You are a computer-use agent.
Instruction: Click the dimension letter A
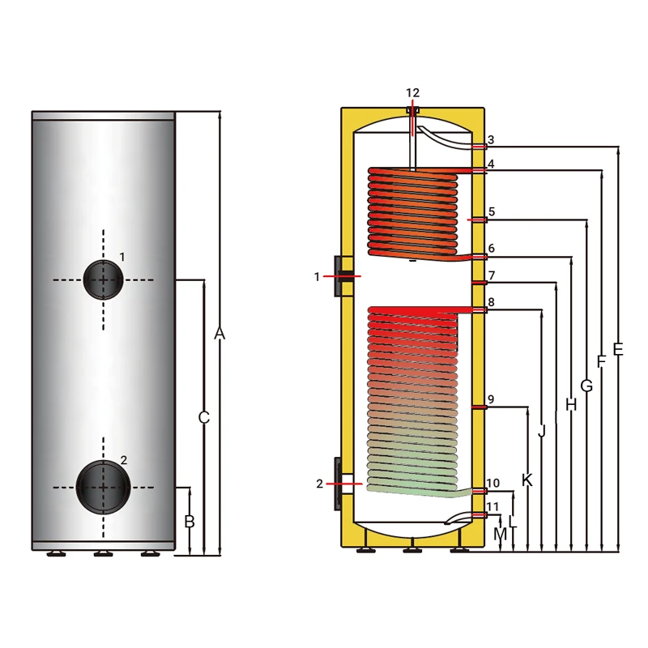coord(219,334)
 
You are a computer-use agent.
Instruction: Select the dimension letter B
coord(190,522)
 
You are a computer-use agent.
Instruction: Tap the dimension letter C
coord(204,418)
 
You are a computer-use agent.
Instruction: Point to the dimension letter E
coord(618,349)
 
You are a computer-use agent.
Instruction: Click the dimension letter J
coord(541,432)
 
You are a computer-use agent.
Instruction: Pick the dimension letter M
coord(500,535)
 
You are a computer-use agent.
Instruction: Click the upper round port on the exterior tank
coord(103,279)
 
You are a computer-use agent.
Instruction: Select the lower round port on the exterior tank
coord(104,487)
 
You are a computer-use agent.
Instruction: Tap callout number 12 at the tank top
coord(413,93)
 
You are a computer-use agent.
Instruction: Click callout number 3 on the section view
coord(491,140)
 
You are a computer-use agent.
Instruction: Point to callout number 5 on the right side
coord(492,212)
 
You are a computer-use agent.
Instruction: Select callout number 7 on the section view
coord(492,275)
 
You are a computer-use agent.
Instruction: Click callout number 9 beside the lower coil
coord(492,399)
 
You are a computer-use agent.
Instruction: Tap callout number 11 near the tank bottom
coord(493,507)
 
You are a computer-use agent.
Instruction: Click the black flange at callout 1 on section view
coord(341,276)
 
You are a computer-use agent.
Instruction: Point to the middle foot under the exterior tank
coord(103,554)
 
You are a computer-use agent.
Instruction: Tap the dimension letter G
coord(586,386)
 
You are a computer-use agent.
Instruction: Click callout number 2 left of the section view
coord(320,484)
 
